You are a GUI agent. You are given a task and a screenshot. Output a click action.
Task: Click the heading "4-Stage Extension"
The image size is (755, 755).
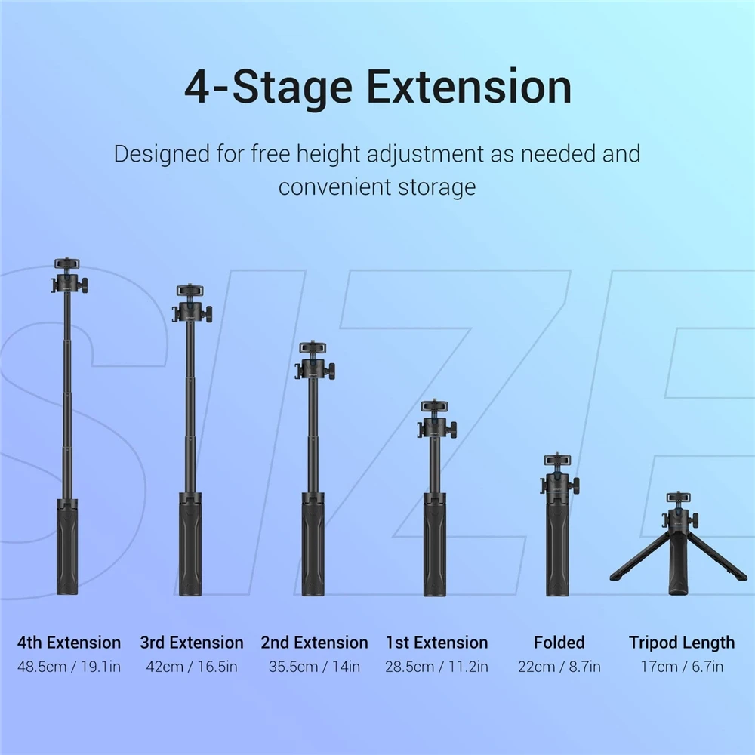(378, 88)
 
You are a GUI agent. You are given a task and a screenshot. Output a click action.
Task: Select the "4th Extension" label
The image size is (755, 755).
(69, 643)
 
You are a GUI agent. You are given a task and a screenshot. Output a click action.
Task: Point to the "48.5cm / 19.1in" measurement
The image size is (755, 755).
(69, 667)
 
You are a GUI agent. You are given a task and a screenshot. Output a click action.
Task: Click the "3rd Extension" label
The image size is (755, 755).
(192, 643)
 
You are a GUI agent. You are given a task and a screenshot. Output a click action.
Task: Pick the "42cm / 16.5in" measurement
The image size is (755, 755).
(192, 667)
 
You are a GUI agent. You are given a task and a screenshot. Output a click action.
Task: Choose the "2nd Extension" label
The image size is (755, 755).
(314, 643)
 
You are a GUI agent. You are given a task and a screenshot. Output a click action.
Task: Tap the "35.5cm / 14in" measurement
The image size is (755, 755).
(314, 667)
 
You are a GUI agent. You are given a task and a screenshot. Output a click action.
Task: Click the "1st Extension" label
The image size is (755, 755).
(436, 643)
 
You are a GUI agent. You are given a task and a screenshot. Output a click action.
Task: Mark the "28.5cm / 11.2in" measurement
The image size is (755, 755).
(436, 667)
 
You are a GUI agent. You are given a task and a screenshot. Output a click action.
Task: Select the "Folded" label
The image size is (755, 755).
(559, 643)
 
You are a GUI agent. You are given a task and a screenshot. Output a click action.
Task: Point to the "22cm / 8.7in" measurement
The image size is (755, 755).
(559, 667)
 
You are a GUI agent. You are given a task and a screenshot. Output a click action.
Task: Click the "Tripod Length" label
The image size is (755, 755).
(682, 643)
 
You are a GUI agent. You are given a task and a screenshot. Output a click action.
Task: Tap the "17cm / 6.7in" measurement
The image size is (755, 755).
(682, 667)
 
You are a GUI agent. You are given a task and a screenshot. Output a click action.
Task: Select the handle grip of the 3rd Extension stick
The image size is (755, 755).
(190, 544)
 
